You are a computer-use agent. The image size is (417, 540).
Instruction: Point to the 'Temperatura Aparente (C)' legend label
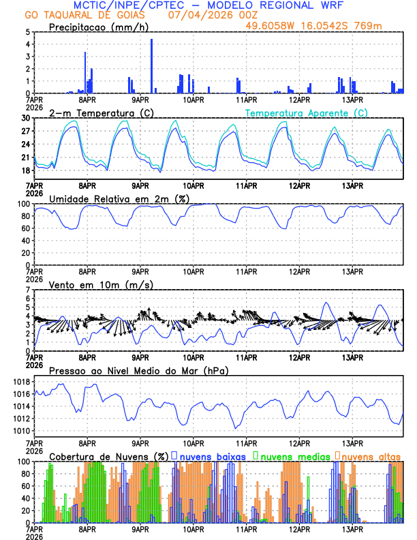[307, 112]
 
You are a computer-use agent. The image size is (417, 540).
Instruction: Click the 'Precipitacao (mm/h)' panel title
[99, 27]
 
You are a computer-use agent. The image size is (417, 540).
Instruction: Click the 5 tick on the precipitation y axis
[27, 32]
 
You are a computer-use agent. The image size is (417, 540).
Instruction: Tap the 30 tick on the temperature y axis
[25, 118]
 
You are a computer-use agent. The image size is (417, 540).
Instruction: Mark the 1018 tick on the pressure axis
[21, 382]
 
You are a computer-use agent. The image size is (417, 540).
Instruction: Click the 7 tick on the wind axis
[27, 290]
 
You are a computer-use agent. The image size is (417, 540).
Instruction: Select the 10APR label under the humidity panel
[193, 271]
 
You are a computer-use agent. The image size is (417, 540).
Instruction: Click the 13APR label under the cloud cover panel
[352, 528]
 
